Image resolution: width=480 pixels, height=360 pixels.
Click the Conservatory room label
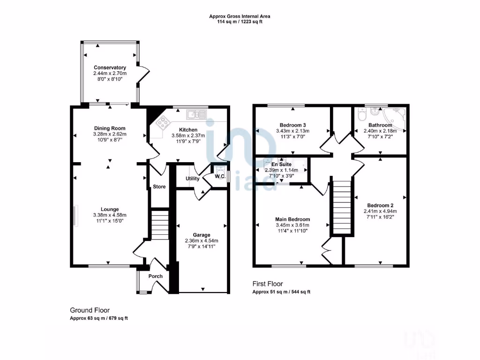pos(110,67)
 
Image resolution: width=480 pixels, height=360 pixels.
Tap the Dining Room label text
pos(110,128)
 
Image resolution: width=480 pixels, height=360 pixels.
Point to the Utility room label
pos(193,179)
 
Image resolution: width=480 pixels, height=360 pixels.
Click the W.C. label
pos(220,177)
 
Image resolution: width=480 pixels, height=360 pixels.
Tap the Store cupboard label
pos(159,187)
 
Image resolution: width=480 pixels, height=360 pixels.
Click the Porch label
pos(156,276)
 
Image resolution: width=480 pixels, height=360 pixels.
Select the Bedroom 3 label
pos(293,125)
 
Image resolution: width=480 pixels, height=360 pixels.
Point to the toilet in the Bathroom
pos(361,115)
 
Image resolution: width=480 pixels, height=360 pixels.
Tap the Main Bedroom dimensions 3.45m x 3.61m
pos(292,225)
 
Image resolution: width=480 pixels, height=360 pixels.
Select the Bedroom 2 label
pos(380,205)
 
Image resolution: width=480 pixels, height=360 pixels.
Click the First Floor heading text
pos(267,284)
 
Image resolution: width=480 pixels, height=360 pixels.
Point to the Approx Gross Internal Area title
pos(240,16)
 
